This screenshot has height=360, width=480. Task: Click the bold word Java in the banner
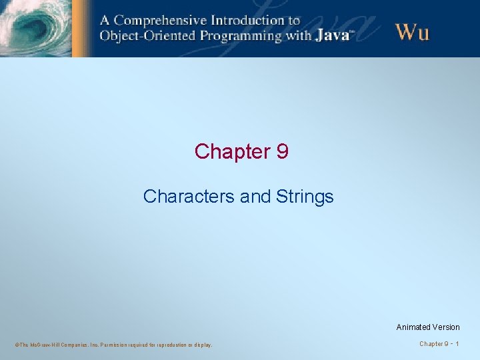332,35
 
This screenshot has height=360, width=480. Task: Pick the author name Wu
412,31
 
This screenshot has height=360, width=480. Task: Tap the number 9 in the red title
282,152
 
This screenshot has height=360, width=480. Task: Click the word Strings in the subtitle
307,197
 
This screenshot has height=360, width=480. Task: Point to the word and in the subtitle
253,197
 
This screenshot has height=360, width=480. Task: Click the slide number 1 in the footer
457,344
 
